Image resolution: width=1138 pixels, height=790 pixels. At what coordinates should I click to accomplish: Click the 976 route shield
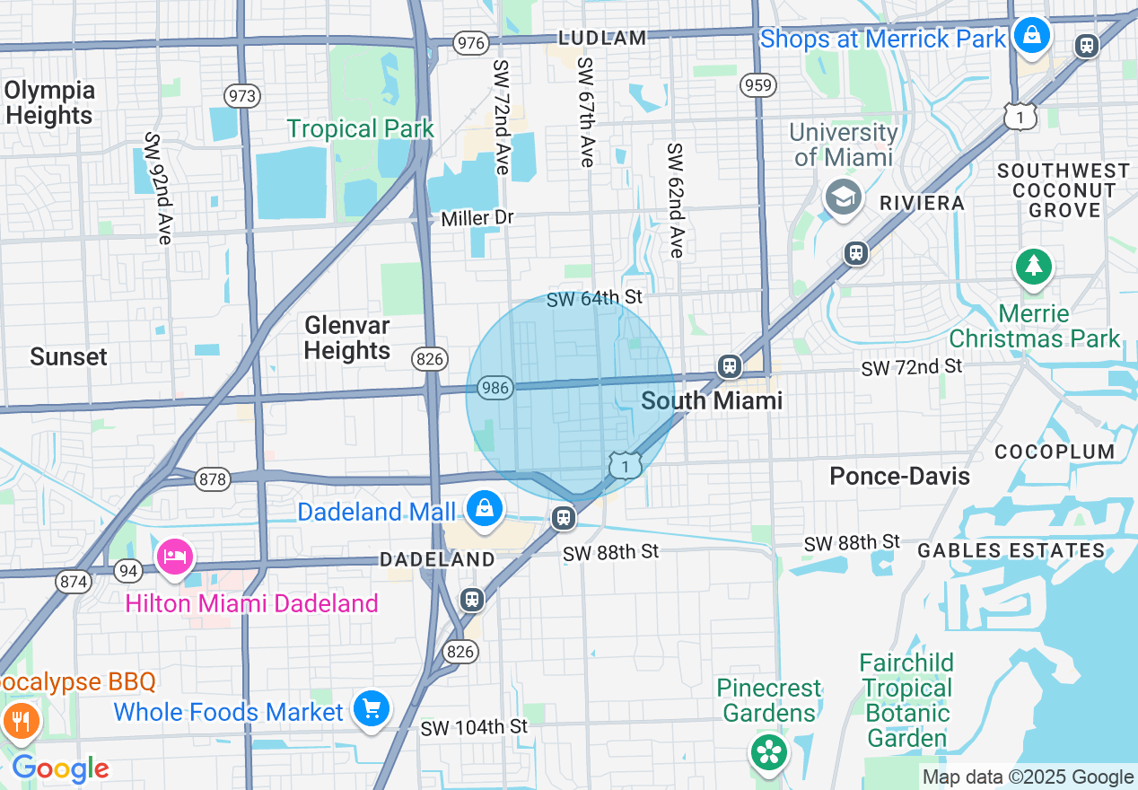point(471,43)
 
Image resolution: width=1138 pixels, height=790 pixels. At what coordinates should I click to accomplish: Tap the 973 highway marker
point(242,96)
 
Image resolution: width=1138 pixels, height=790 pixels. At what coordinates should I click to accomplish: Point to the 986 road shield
point(495,389)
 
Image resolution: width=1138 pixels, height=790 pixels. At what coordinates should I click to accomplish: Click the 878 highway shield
point(214,479)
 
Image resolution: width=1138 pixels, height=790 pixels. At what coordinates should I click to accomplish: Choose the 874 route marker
point(74,582)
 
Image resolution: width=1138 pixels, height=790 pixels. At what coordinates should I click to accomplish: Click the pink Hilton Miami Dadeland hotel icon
point(175,557)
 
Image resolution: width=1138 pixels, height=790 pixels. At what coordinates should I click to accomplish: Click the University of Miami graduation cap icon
point(843,198)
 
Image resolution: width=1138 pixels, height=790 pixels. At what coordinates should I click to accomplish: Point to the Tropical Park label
point(361,129)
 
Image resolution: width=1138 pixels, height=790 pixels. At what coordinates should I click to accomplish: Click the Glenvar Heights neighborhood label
point(347,338)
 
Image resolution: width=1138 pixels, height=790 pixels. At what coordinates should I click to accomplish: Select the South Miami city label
point(713,400)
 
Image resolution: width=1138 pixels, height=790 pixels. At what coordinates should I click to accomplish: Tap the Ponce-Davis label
point(899,476)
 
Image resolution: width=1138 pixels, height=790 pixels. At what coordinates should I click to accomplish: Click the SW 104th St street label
point(474,726)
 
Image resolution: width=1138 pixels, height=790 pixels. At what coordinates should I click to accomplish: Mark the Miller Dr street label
point(477,218)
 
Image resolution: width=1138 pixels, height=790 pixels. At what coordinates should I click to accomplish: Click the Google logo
point(60,769)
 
